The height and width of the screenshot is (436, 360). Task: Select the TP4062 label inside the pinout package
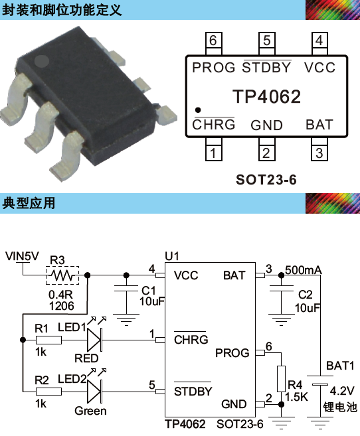pyautogui.click(x=266, y=96)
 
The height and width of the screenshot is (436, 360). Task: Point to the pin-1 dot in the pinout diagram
pyautogui.click(x=198, y=110)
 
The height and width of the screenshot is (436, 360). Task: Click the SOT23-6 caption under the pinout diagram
pyautogui.click(x=266, y=180)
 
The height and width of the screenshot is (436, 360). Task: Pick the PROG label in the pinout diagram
pyautogui.click(x=214, y=68)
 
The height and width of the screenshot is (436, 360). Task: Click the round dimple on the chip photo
pyautogui.click(x=42, y=62)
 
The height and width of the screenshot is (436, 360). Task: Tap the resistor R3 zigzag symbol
pyautogui.click(x=62, y=275)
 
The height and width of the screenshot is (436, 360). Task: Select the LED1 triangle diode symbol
pyautogui.click(x=94, y=340)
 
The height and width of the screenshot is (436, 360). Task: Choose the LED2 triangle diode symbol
pyautogui.click(x=94, y=392)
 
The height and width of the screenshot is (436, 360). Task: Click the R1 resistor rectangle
pyautogui.click(x=48, y=340)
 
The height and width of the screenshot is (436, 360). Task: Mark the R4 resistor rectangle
pyautogui.click(x=281, y=379)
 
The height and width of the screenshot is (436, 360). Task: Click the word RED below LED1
pyautogui.click(x=86, y=358)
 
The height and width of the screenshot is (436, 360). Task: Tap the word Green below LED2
pyautogui.click(x=90, y=411)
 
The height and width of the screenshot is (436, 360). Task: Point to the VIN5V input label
pyautogui.click(x=23, y=256)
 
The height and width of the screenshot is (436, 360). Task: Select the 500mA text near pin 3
pyautogui.click(x=304, y=270)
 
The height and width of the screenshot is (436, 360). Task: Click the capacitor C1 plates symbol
pyautogui.click(x=126, y=289)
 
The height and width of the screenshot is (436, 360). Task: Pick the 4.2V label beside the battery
pyautogui.click(x=342, y=391)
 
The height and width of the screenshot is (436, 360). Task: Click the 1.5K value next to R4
pyautogui.click(x=297, y=397)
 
